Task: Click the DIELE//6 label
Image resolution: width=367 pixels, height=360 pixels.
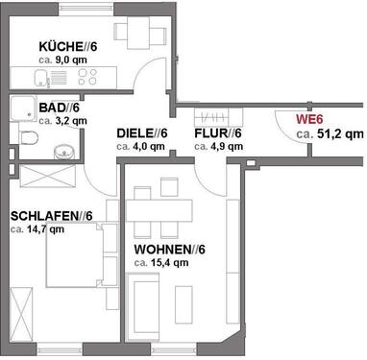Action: coord(142,133)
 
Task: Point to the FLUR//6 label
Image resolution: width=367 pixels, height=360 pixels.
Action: coord(218,133)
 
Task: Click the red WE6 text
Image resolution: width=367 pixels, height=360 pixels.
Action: coord(308,120)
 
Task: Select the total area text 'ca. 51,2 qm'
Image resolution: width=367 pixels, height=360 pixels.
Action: coord(329,135)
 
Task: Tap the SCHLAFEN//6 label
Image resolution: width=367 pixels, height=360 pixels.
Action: coord(49,216)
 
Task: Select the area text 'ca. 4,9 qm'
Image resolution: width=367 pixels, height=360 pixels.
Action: coord(218,147)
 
